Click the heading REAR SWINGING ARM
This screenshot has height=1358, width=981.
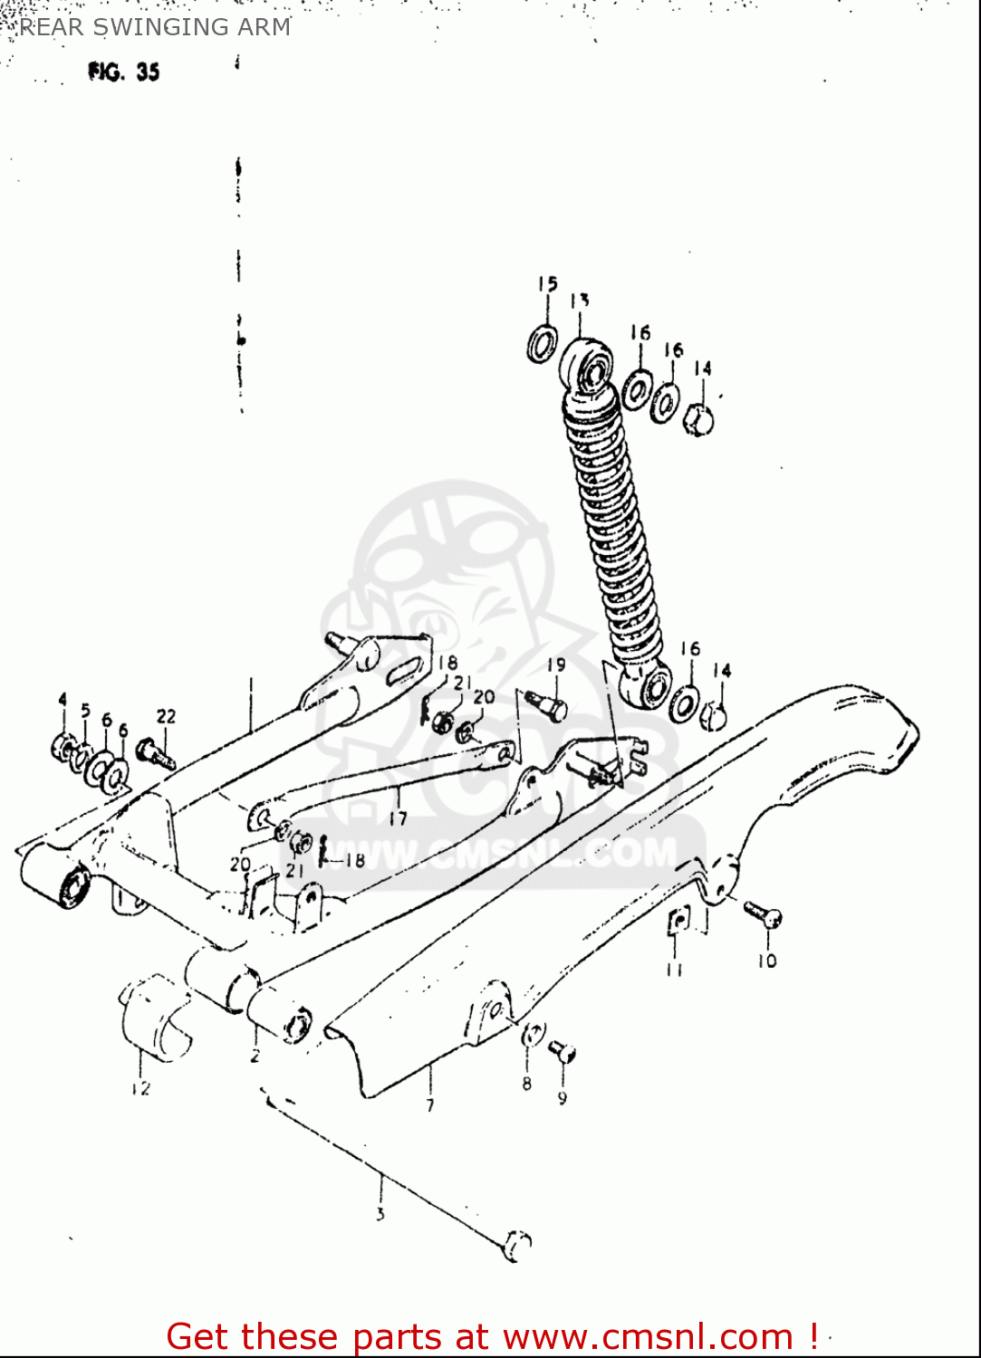click(x=154, y=27)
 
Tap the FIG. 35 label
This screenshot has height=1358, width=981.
click(x=124, y=72)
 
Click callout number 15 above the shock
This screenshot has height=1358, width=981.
click(x=547, y=285)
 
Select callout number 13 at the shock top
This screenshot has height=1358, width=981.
click(x=580, y=301)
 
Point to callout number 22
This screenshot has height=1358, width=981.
click(x=166, y=717)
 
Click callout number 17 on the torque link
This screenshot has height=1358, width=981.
click(x=398, y=818)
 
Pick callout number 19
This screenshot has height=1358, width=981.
click(x=556, y=665)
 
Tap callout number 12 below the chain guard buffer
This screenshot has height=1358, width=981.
click(x=140, y=1088)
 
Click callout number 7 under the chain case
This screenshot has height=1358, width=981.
click(x=430, y=1105)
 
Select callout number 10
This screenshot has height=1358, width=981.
click(x=767, y=961)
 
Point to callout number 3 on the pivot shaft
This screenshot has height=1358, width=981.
click(x=380, y=1214)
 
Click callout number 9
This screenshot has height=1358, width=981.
click(x=563, y=1098)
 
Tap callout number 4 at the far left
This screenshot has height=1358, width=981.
click(x=63, y=699)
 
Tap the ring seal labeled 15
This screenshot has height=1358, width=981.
click(x=543, y=344)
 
